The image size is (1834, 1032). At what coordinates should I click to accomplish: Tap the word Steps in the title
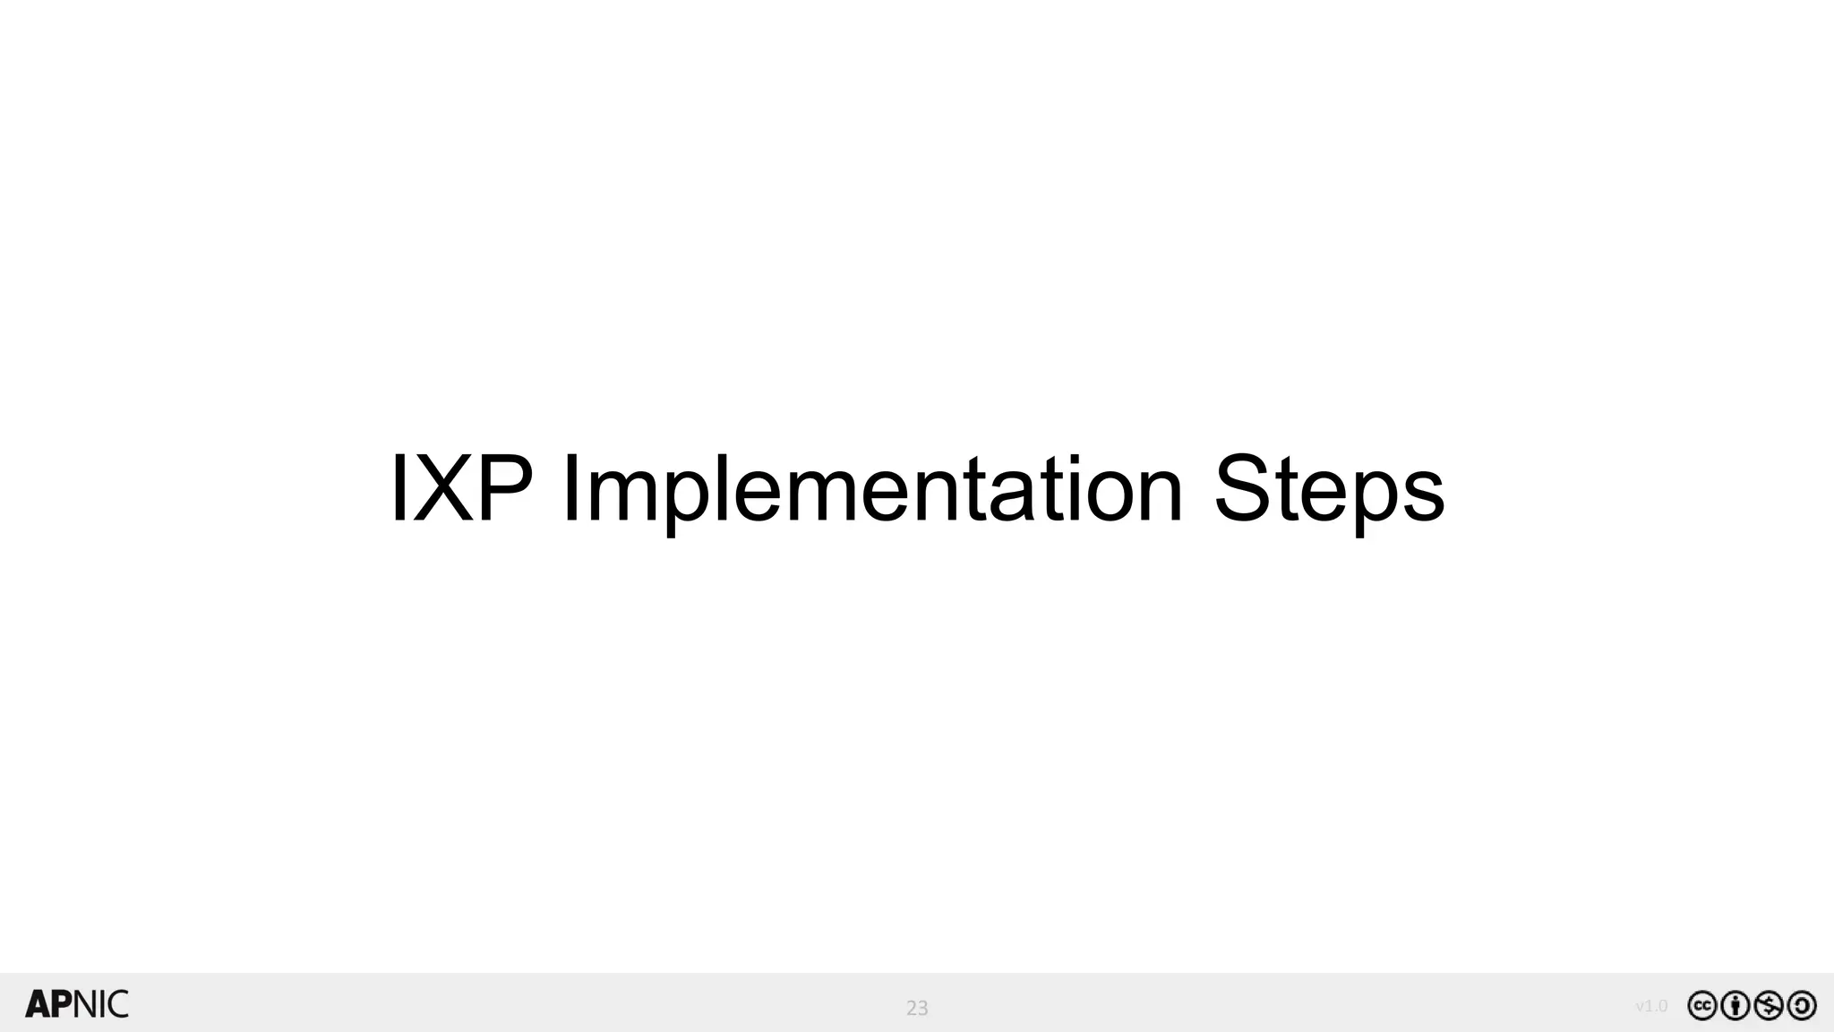click(x=1328, y=491)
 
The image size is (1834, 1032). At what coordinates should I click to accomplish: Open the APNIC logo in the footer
click(x=77, y=1004)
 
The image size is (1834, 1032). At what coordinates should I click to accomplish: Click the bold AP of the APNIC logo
click(x=49, y=1004)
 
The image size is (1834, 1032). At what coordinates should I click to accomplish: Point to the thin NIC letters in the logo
click(x=101, y=1004)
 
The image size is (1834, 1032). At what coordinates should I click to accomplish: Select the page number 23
click(x=917, y=1008)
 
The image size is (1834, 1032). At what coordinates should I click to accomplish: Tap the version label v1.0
click(x=1651, y=1006)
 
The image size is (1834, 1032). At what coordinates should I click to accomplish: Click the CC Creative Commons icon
click(x=1702, y=1006)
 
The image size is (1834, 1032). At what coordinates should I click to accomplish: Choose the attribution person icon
click(x=1735, y=1006)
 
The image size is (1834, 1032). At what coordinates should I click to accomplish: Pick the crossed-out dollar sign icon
click(x=1769, y=1006)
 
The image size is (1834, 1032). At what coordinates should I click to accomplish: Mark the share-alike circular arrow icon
click(x=1802, y=1006)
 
